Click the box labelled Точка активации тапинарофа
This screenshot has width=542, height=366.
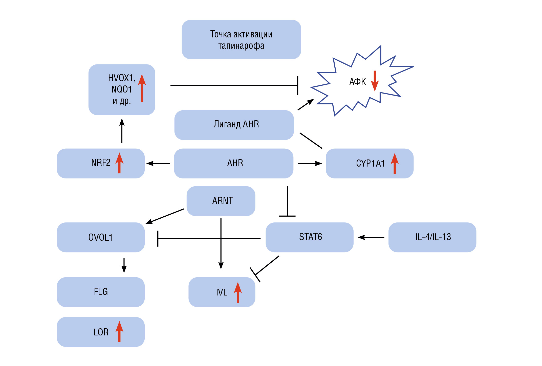point(241,40)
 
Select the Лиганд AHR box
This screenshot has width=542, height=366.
point(234,125)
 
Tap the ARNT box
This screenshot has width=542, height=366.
point(221,201)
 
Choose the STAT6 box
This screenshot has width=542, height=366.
point(309,237)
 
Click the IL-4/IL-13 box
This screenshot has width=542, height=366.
point(432,237)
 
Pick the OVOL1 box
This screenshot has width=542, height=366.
point(101,237)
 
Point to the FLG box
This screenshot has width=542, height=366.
point(101,292)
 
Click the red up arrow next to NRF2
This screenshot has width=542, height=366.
point(119,163)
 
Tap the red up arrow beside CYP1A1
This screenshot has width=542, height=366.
point(395,164)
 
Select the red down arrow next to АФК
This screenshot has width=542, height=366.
point(375,81)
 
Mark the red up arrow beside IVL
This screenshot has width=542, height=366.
point(238,292)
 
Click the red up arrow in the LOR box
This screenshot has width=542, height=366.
point(119,331)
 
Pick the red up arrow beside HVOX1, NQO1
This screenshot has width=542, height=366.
point(142,88)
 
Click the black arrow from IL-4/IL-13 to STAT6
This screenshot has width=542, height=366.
point(371,237)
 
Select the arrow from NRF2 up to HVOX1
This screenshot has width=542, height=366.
point(122,131)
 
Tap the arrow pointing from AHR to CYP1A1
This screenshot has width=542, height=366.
point(310,164)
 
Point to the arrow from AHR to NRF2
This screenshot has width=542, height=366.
point(158,164)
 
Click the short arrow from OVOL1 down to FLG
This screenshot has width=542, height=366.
point(124,265)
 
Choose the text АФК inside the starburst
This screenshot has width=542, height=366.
point(357,82)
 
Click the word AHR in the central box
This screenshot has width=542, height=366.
point(235,163)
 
